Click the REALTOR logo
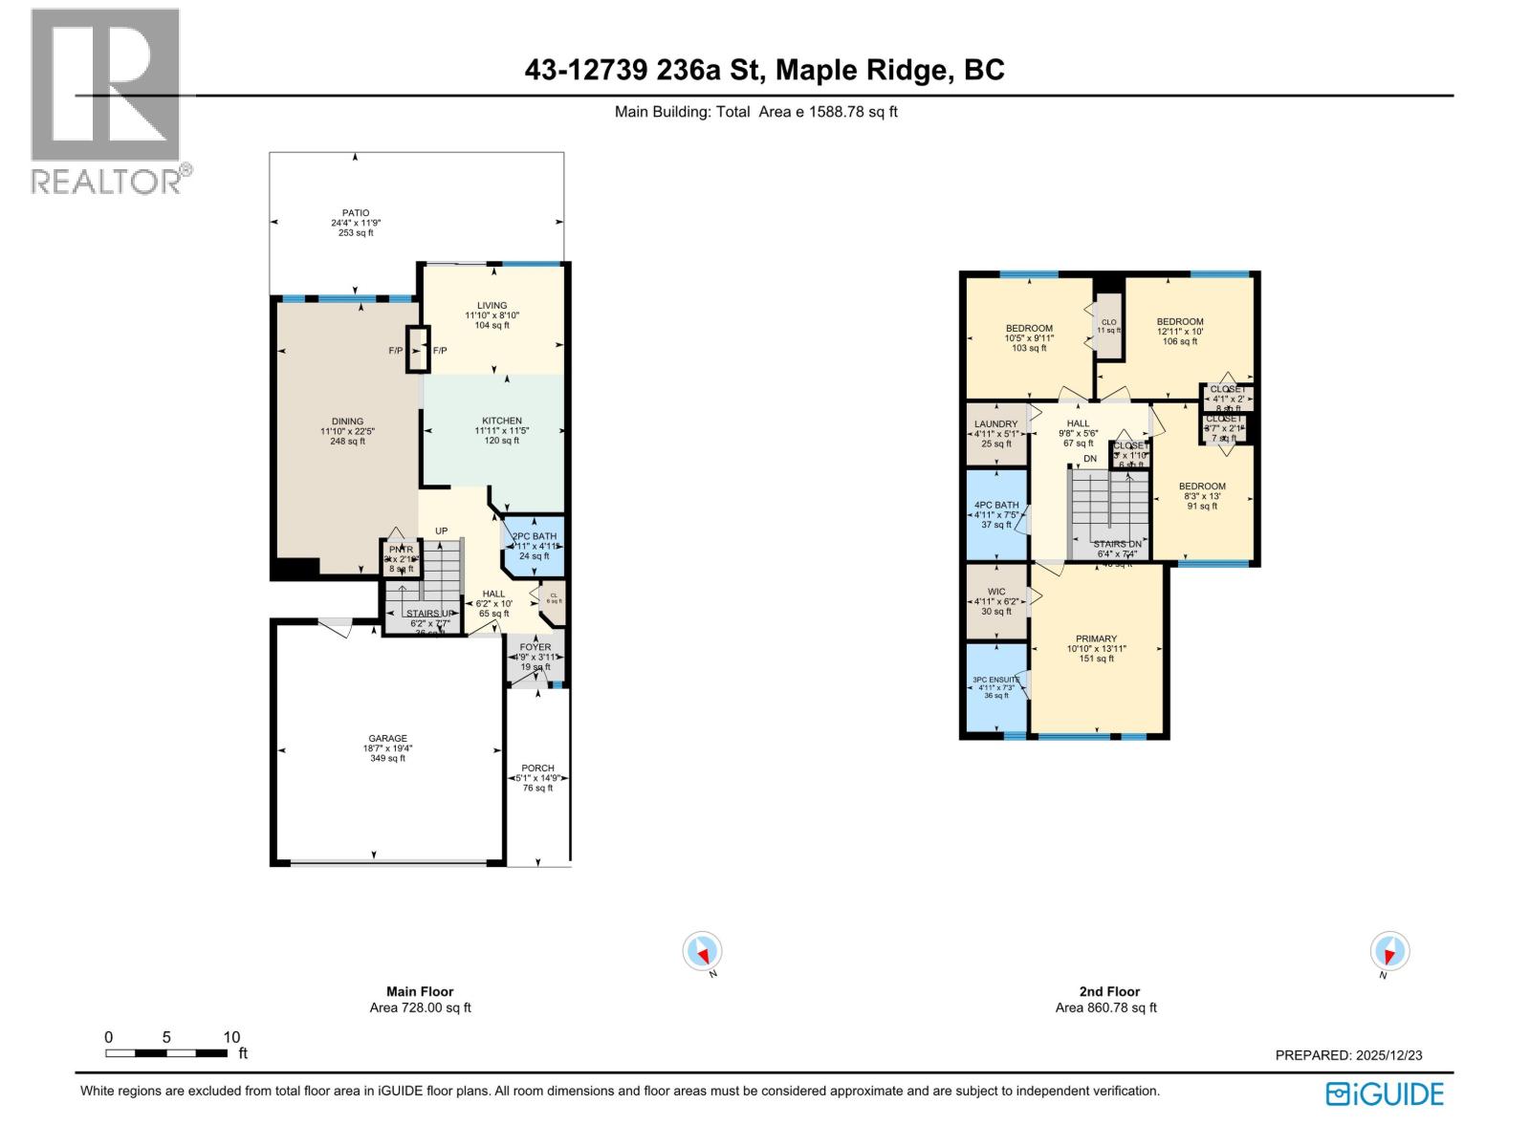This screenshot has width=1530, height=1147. click(x=105, y=100)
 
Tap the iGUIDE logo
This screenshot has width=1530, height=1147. click(x=1385, y=1093)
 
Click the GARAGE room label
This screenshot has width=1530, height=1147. click(x=388, y=739)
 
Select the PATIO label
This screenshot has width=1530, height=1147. click(x=356, y=213)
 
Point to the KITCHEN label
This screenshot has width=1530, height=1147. click(x=502, y=421)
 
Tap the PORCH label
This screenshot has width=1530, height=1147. click(x=537, y=768)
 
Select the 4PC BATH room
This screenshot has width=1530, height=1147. click(x=996, y=514)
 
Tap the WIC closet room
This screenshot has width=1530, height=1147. click(x=996, y=601)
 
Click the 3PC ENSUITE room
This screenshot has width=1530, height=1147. click(x=996, y=687)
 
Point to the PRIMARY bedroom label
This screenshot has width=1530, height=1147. click(x=1096, y=638)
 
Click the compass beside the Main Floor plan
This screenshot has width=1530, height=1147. click(x=703, y=952)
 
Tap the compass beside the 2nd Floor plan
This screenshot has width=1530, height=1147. click(x=1389, y=952)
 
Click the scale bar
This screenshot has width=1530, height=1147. click(x=166, y=1052)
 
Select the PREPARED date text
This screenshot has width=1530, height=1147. click(x=1348, y=1055)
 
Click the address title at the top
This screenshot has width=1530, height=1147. click(x=764, y=70)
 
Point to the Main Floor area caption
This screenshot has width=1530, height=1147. click(x=420, y=1000)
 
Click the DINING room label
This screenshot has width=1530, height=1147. click(x=347, y=422)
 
